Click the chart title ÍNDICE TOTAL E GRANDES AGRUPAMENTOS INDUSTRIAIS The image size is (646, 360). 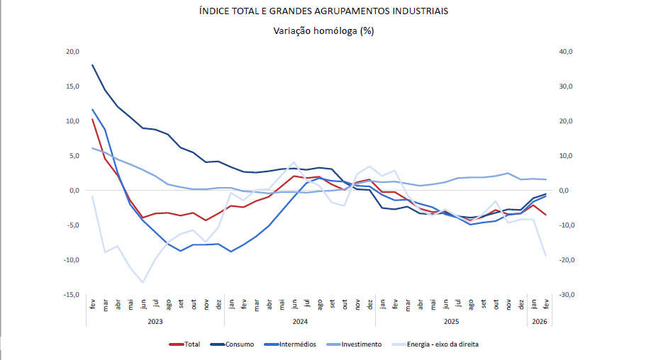(x=323, y=11)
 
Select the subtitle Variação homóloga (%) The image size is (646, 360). (x=323, y=30)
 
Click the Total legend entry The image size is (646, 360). (x=185, y=344)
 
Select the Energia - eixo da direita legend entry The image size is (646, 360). (x=434, y=344)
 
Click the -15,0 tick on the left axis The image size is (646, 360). (x=72, y=295)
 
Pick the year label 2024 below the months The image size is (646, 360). (x=300, y=321)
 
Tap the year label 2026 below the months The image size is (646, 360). (x=539, y=321)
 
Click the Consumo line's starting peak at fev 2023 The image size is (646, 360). (x=93, y=65)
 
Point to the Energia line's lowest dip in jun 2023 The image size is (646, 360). (x=143, y=283)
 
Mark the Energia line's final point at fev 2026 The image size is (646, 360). (x=545, y=256)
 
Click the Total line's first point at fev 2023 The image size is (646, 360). (x=93, y=119)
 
